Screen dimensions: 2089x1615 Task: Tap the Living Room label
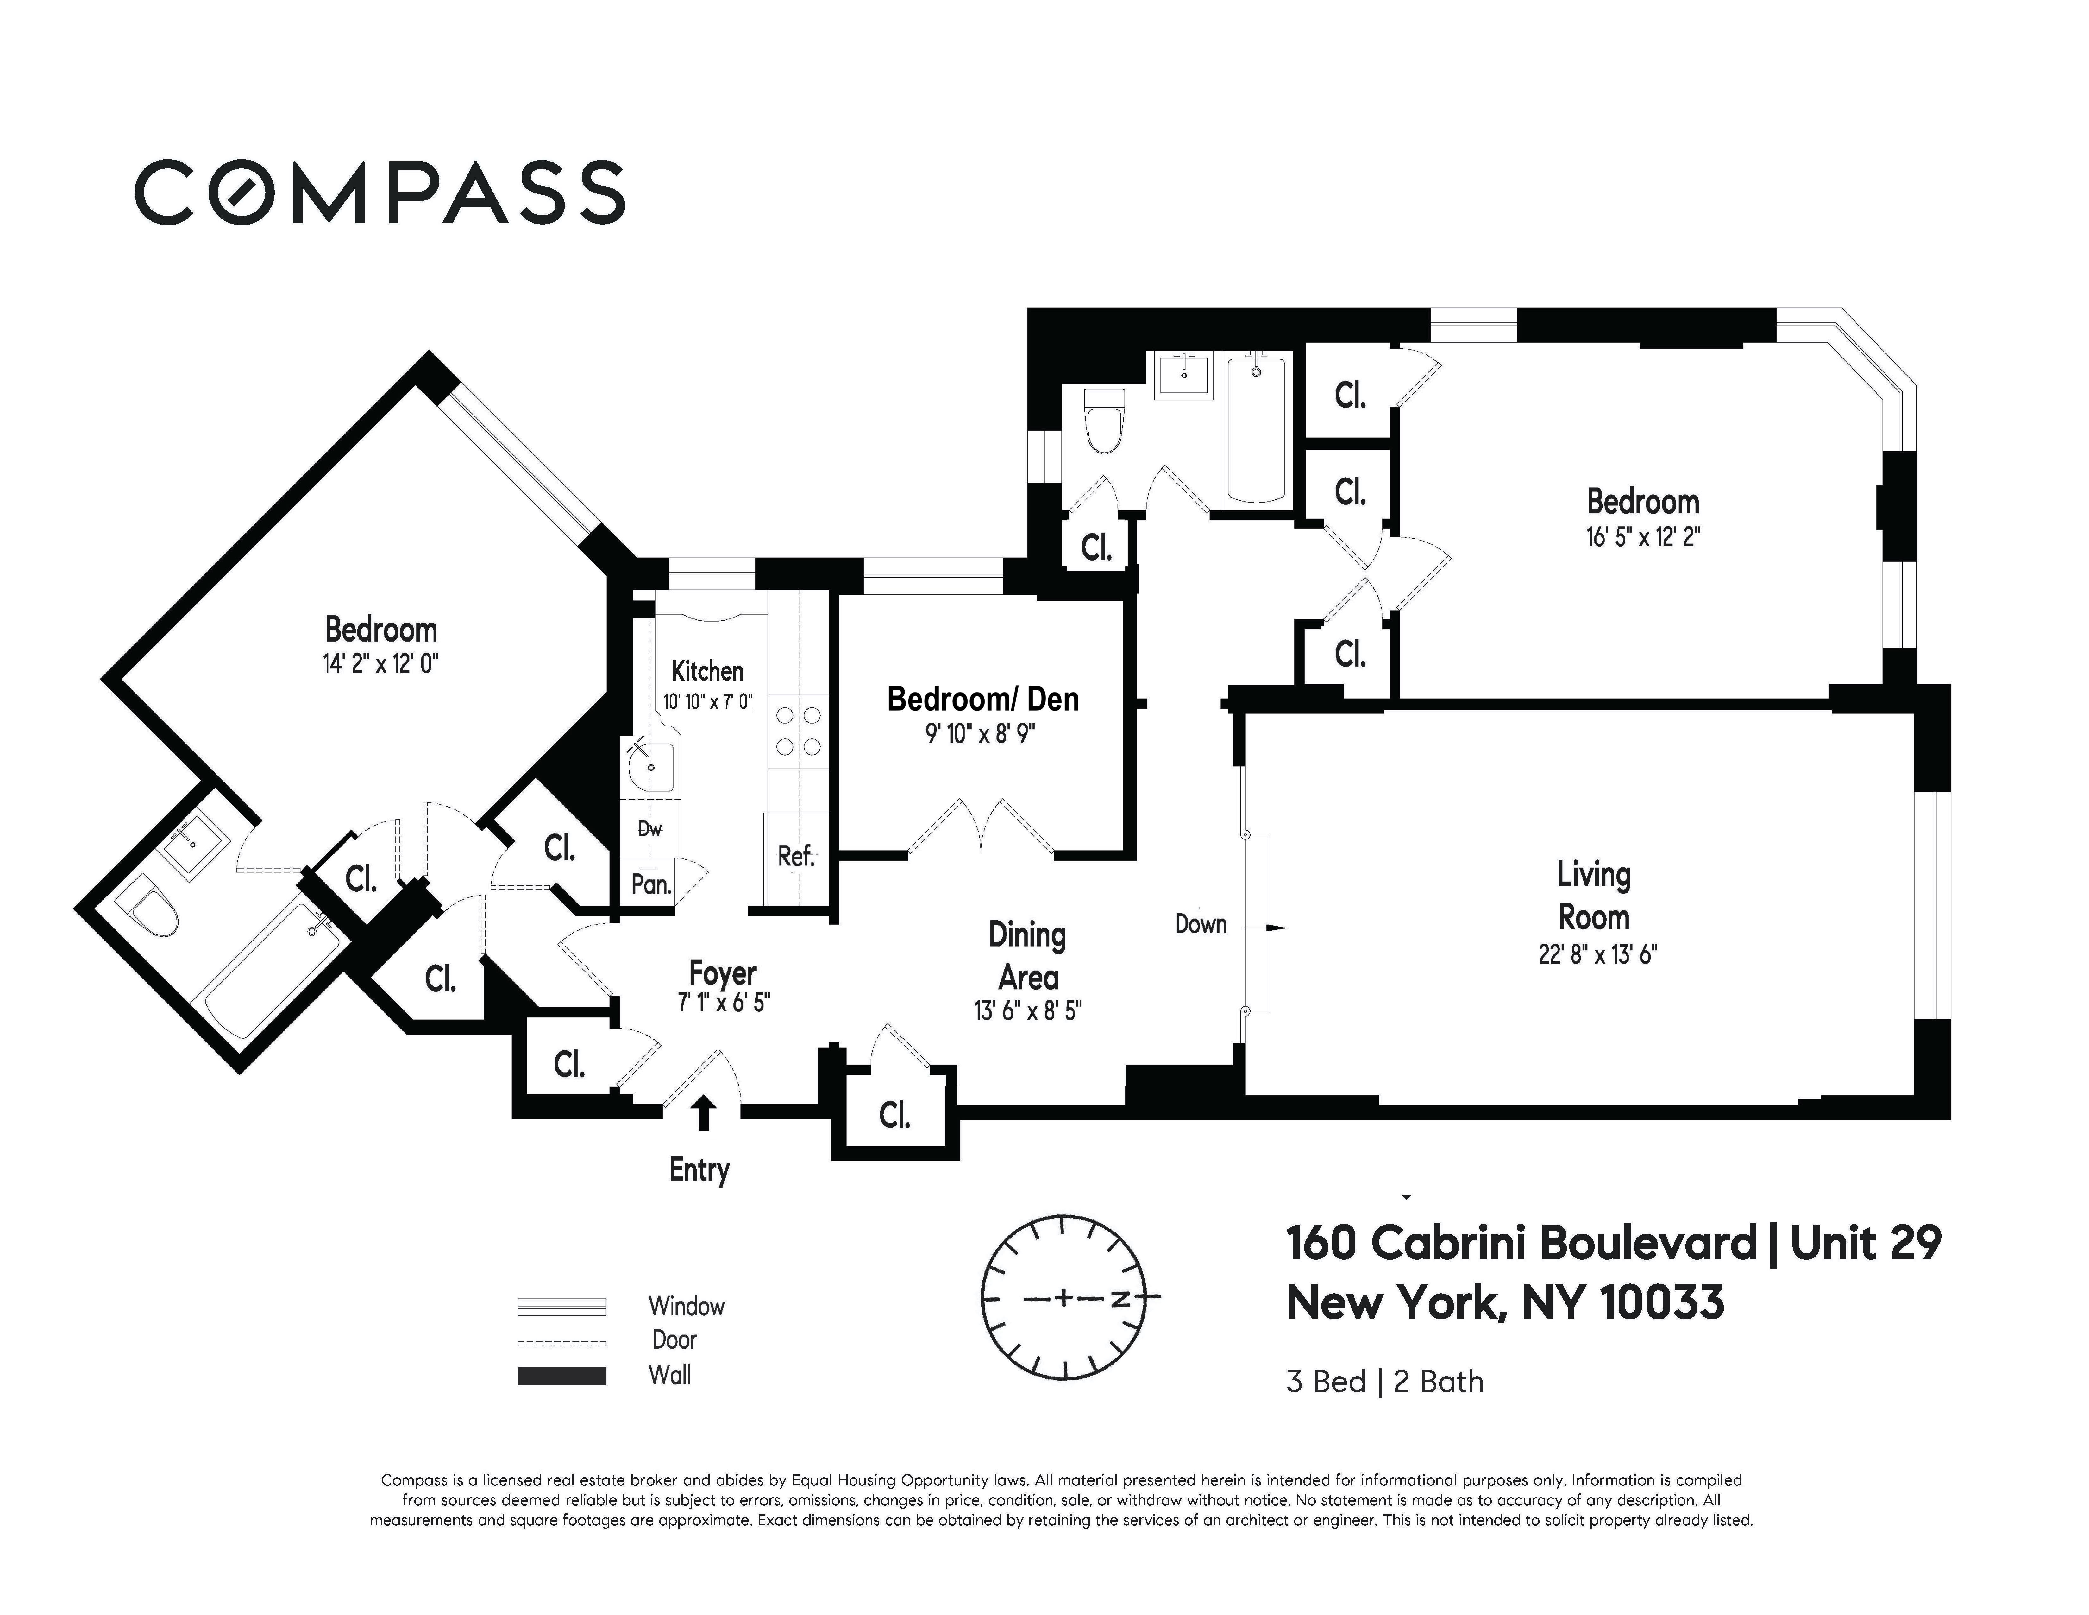coord(1594,896)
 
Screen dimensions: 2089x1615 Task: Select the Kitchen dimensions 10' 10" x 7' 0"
coord(708,701)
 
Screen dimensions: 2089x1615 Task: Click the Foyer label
coord(723,974)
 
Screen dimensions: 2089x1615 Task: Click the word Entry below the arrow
coord(699,1170)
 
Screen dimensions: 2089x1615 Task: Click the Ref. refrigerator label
coord(796,856)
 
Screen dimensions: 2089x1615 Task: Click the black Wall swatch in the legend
coord(561,1376)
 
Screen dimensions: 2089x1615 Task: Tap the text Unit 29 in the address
coord(1865,1243)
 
